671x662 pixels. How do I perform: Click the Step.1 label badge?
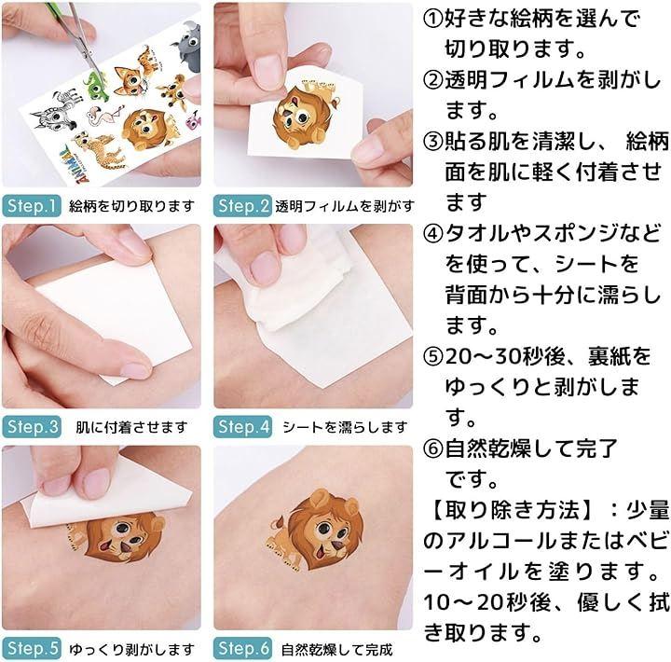tap(32, 206)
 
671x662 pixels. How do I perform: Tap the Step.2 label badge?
tap(242, 206)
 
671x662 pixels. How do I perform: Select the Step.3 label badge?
tap(32, 426)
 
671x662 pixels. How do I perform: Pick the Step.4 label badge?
tap(242, 426)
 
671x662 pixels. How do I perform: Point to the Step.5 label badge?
tap(32, 648)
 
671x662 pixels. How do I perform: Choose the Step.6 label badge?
tap(242, 648)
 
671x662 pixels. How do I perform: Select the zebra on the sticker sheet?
tap(54, 112)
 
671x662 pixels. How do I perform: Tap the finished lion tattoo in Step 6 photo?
tap(317, 531)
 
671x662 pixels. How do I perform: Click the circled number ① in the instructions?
tap(433, 20)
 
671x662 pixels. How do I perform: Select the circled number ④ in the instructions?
tap(433, 234)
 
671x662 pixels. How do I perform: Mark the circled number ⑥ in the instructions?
tap(433, 448)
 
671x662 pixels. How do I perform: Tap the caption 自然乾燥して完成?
tap(336, 649)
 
